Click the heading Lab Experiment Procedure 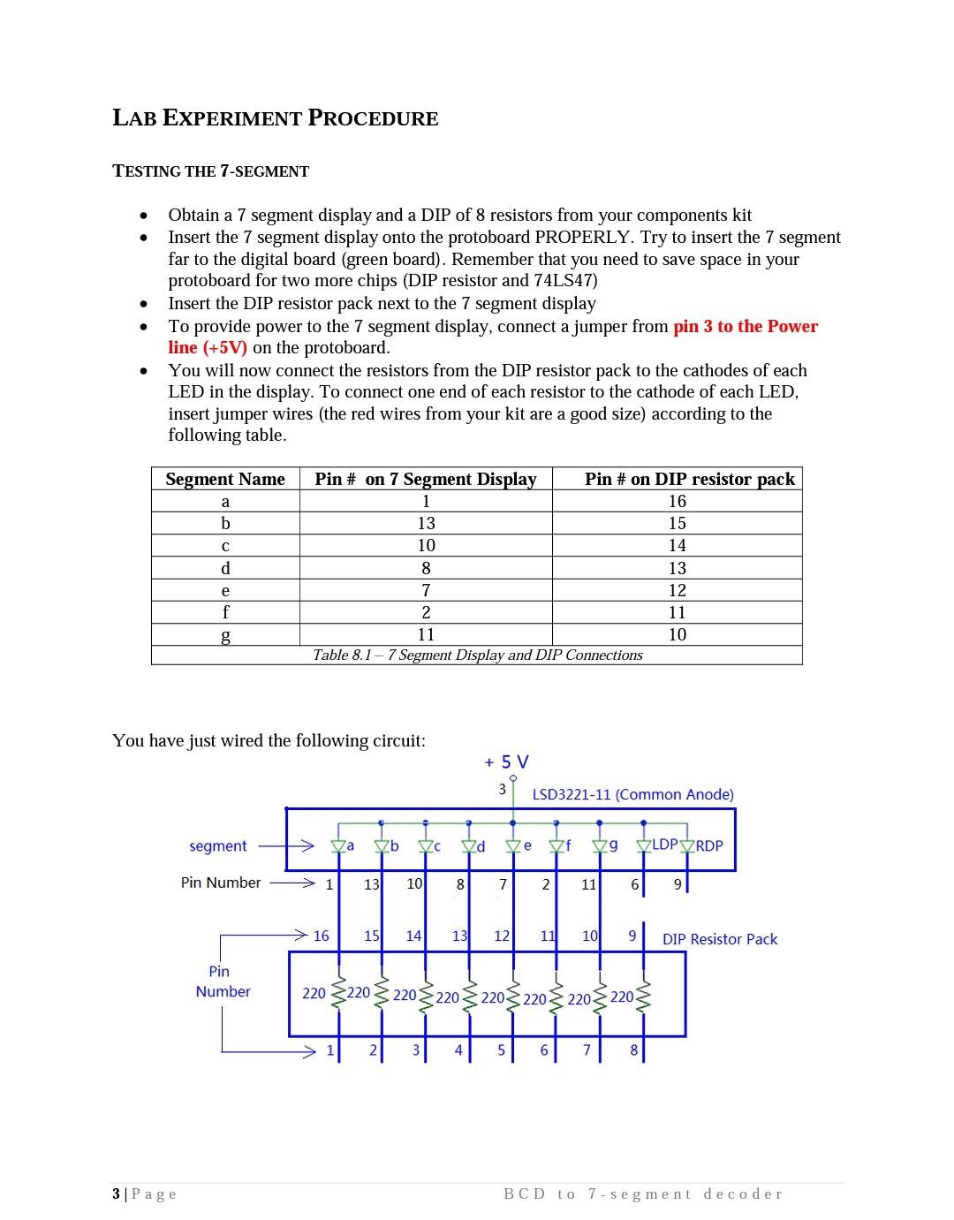pos(276,118)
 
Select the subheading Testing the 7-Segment pos(210,171)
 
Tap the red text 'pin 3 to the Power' pos(745,326)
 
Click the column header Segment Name pos(225,479)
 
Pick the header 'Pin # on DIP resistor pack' pos(689,479)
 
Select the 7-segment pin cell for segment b pos(426,523)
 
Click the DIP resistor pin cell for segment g pos(677,634)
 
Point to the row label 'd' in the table pos(225,568)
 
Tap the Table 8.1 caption pos(477,655)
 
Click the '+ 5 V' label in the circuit pos(506,762)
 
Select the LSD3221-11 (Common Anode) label pos(632,794)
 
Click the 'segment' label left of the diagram pos(217,845)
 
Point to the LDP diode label pos(664,845)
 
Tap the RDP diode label pos(708,845)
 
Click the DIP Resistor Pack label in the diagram pos(720,939)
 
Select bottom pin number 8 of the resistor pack pos(633,1050)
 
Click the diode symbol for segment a pos(337,846)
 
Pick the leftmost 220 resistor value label pos(314,993)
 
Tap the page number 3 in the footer pos(117,1194)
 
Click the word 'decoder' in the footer pos(743,1194)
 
